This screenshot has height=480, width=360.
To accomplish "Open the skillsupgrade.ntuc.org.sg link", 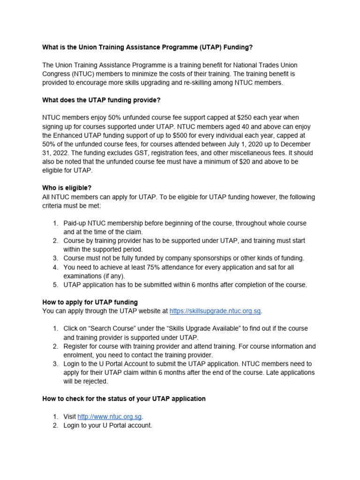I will pyautogui.click(x=215, y=311).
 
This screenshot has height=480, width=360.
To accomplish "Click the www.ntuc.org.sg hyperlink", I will pyautogui.click(x=109, y=417).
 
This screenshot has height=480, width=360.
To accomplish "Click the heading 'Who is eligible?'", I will pyautogui.click(x=67, y=188).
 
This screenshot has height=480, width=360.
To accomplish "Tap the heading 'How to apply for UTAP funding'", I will pyautogui.click(x=90, y=302).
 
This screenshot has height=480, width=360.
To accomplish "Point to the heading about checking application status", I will pyautogui.click(x=124, y=399).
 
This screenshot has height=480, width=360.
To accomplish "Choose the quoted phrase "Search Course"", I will pyautogui.click(x=107, y=329).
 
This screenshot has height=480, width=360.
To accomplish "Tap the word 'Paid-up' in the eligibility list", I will pyautogui.click(x=75, y=223).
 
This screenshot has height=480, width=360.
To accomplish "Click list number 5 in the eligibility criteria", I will pyautogui.click(x=55, y=285).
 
